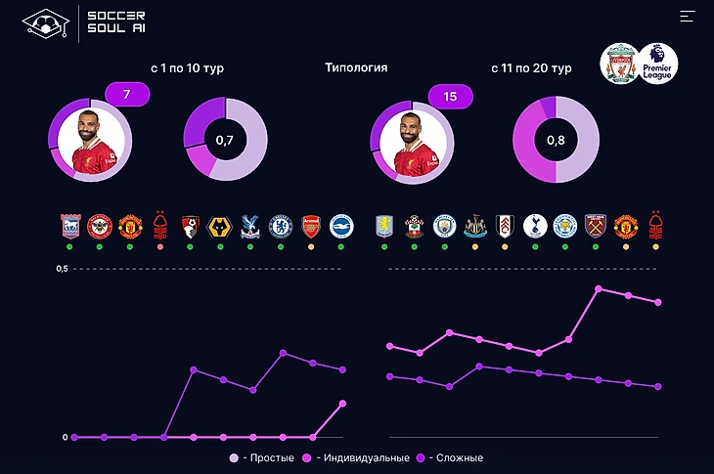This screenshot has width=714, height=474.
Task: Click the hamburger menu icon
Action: pos(688,16)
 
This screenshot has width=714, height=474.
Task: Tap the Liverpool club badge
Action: pos(620,65)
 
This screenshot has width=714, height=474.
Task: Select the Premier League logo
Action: pos(658,65)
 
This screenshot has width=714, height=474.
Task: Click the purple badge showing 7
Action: pos(126,96)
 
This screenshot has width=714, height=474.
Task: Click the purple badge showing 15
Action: pos(450,97)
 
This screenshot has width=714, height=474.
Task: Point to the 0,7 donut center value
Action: pos(225,141)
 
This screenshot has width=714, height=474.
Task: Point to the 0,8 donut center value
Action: pos(556,141)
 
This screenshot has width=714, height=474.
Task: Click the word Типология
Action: pos(356,68)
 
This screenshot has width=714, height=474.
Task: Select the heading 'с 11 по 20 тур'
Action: pos(531,68)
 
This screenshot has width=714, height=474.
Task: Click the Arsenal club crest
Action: pos(310,227)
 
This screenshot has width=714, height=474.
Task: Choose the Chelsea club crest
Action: pos(281,227)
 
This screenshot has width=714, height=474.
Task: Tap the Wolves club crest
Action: pos(221,227)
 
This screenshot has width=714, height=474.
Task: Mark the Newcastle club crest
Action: pos(474,227)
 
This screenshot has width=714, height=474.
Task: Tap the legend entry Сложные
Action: pos(455,457)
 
